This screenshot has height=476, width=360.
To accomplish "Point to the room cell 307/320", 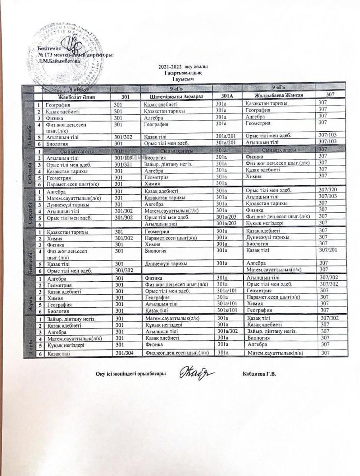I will [328, 190].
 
